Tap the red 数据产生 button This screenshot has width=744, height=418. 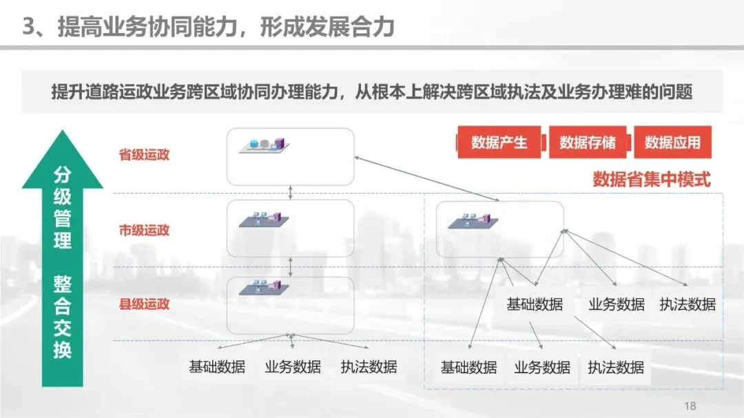[x=499, y=143]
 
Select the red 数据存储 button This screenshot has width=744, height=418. [x=588, y=143]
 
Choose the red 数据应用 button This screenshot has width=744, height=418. [x=672, y=143]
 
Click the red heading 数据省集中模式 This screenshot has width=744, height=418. [x=651, y=180]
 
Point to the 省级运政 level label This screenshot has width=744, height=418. [x=144, y=154]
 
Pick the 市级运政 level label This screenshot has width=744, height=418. [x=144, y=230]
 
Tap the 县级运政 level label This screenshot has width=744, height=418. [x=144, y=304]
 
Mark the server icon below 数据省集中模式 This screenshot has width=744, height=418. [x=472, y=220]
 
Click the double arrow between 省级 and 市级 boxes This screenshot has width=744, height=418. [x=291, y=192]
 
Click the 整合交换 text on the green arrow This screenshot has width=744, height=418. [x=63, y=317]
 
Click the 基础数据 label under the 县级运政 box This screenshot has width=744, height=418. [x=217, y=366]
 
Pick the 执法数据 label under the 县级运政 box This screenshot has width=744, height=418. [x=369, y=366]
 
